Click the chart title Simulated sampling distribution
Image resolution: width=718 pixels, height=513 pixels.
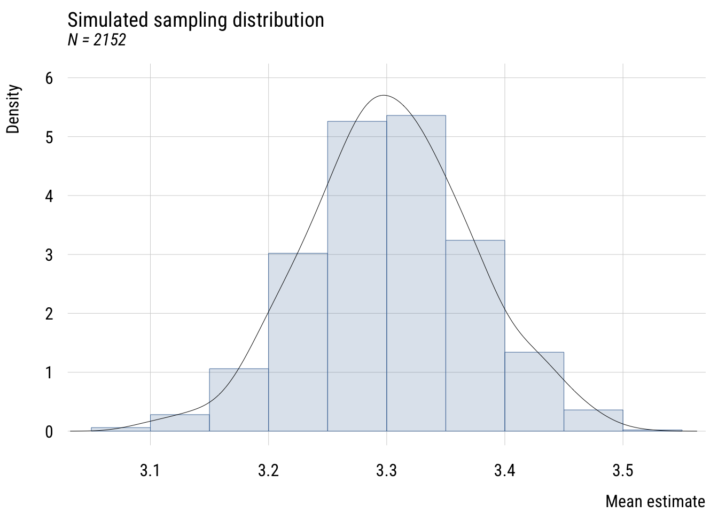[x=196, y=20]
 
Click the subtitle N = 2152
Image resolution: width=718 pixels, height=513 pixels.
[x=97, y=40]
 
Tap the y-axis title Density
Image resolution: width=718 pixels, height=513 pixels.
[x=13, y=109]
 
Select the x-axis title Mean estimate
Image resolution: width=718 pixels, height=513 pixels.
[x=655, y=502]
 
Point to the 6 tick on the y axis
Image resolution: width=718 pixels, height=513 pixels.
[x=49, y=79]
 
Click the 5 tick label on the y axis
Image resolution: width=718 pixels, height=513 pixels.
[x=49, y=137]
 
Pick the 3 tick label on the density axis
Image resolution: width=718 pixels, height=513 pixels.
[x=49, y=255]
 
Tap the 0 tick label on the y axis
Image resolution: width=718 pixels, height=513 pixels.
[x=49, y=432]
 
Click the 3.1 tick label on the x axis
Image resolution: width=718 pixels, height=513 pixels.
[x=150, y=470]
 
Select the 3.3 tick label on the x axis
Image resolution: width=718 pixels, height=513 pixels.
[x=386, y=470]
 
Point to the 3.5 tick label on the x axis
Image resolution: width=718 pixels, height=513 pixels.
[x=622, y=470]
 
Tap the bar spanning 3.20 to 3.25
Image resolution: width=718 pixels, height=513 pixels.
[x=298, y=342]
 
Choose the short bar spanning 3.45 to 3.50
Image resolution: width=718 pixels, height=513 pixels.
[x=593, y=421]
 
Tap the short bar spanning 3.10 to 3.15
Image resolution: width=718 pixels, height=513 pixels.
[x=179, y=423]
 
